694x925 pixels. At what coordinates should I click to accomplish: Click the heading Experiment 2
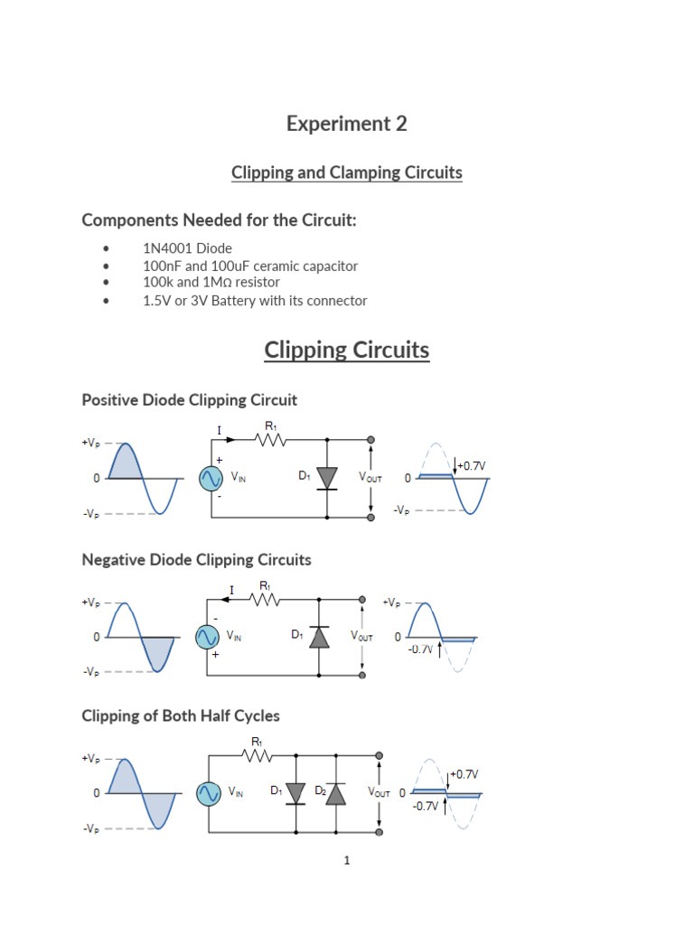(x=347, y=124)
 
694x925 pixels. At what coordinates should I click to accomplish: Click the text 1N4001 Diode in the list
(x=187, y=248)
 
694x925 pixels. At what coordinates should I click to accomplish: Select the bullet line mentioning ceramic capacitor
(x=250, y=266)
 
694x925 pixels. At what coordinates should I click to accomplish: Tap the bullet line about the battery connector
(x=255, y=301)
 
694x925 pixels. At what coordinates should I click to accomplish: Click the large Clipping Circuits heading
(x=347, y=350)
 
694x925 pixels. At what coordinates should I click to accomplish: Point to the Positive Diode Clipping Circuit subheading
(x=189, y=399)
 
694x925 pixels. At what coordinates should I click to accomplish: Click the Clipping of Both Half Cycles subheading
(x=181, y=715)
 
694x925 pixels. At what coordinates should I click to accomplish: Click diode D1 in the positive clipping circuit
(x=327, y=478)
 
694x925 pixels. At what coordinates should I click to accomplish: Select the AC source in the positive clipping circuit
(x=211, y=478)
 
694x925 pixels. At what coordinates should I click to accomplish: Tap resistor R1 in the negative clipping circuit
(x=264, y=599)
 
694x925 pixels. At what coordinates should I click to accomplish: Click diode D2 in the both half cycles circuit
(x=335, y=793)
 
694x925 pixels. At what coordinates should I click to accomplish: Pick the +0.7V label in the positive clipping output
(x=473, y=465)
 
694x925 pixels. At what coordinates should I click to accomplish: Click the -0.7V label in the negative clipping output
(x=420, y=649)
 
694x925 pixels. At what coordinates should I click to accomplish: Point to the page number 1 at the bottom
(x=346, y=861)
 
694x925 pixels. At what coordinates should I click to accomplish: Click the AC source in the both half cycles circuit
(x=210, y=793)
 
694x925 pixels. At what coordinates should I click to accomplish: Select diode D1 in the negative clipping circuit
(x=318, y=637)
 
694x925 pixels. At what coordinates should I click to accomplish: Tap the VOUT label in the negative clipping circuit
(x=362, y=637)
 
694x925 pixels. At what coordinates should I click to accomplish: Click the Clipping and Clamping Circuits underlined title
(x=347, y=173)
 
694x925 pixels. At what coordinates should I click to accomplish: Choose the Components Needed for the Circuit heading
(x=220, y=220)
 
